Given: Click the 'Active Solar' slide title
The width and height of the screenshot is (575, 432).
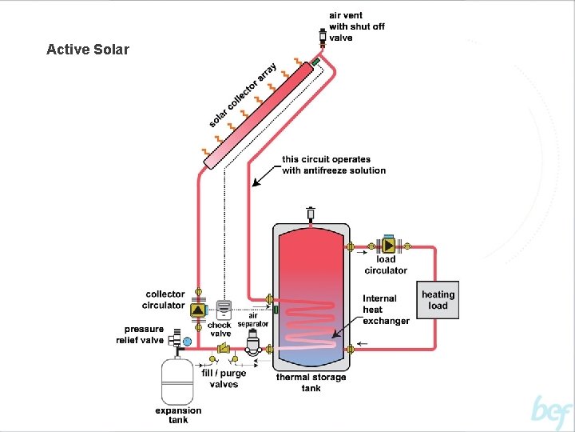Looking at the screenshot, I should tap(88, 50).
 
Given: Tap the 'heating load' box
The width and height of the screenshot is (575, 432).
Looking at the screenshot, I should tap(438, 300).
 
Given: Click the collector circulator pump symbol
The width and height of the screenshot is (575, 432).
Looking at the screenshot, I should tap(196, 306).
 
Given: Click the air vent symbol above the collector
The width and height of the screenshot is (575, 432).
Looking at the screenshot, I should tap(320, 37).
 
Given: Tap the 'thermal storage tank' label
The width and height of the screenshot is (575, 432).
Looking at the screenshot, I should tap(311, 382).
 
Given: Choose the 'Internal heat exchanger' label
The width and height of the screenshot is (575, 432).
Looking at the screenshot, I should tap(386, 310).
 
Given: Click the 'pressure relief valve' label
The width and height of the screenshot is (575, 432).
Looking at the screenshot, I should tap(144, 334).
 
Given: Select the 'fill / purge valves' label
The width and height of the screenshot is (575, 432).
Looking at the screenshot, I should tap(224, 379).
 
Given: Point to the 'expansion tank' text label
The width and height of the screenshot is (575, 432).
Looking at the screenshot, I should tap(178, 415).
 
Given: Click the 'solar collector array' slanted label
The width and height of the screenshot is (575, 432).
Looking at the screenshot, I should tap(243, 94).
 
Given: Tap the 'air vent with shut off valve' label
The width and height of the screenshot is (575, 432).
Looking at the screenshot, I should tap(356, 26).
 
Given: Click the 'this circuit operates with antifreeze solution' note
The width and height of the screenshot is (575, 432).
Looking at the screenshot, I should tap(333, 165).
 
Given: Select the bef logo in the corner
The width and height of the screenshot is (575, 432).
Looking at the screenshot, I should tap(552, 413).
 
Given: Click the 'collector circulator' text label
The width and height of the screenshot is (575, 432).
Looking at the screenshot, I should tap(165, 299).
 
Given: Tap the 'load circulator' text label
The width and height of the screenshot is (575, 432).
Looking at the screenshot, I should tap(386, 265).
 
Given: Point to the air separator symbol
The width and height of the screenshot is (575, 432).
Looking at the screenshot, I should tap(255, 342).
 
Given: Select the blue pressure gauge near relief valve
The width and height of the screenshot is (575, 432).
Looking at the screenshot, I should tap(188, 342).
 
